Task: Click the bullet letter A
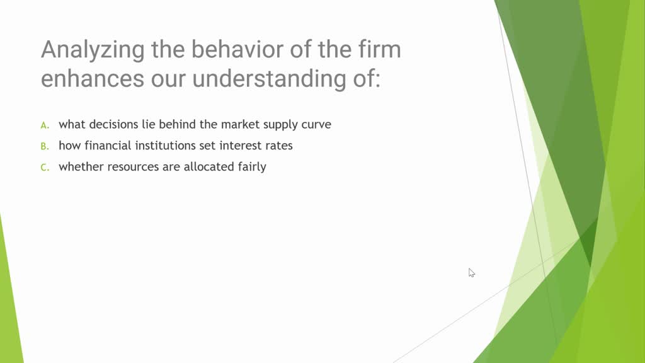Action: click(45, 125)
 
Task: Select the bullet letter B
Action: click(45, 146)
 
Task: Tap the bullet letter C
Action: click(45, 168)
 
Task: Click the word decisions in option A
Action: click(113, 124)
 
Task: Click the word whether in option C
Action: click(78, 167)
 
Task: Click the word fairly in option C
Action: click(250, 167)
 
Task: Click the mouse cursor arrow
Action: click(471, 272)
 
